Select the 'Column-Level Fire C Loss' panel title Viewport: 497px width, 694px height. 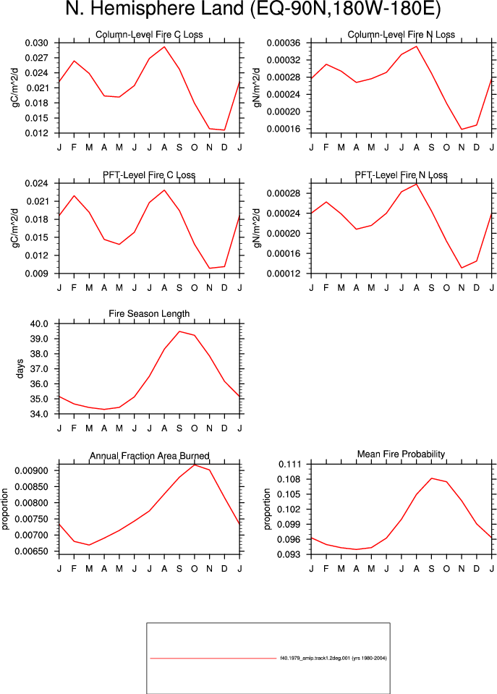tap(149, 35)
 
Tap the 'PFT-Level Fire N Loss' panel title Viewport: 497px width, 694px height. tap(401, 175)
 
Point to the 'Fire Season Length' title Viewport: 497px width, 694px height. tap(149, 314)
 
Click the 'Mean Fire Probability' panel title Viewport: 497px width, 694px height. tap(401, 454)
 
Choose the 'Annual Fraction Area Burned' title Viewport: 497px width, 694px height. tap(150, 456)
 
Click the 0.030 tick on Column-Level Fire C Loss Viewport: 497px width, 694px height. tap(36, 43)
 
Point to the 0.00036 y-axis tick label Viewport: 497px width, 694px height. tap(284, 43)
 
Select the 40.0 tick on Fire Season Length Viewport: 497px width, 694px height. tap(39, 323)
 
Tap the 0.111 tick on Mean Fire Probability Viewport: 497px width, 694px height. tap(289, 465)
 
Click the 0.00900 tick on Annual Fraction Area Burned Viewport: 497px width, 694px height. tap(31, 470)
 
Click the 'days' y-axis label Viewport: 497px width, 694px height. tap(20, 368)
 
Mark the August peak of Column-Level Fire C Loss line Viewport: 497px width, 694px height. tap(164, 46)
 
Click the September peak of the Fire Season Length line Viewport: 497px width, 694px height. tap(179, 331)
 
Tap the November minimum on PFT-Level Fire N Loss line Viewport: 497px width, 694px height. tap(462, 268)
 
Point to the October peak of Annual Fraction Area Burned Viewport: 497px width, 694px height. tap(195, 465)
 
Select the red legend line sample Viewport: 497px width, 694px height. tap(213, 658)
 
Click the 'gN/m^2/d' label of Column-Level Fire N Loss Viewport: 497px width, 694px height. tap(257, 88)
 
